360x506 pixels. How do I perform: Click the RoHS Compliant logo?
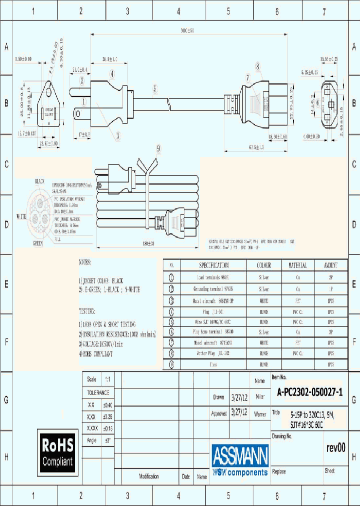point(57,452)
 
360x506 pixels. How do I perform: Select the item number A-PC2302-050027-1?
point(310,393)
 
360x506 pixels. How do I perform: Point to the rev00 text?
point(335,448)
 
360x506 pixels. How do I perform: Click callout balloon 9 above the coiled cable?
point(158,148)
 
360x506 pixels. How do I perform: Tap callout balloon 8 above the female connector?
point(257,66)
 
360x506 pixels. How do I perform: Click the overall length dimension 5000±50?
point(186,30)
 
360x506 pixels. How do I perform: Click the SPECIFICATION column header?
point(213,265)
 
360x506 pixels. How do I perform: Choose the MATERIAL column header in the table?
point(297,265)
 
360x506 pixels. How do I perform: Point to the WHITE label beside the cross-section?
point(21,217)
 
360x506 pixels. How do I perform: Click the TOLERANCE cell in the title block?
point(98,393)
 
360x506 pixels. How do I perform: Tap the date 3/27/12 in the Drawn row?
point(239,398)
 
